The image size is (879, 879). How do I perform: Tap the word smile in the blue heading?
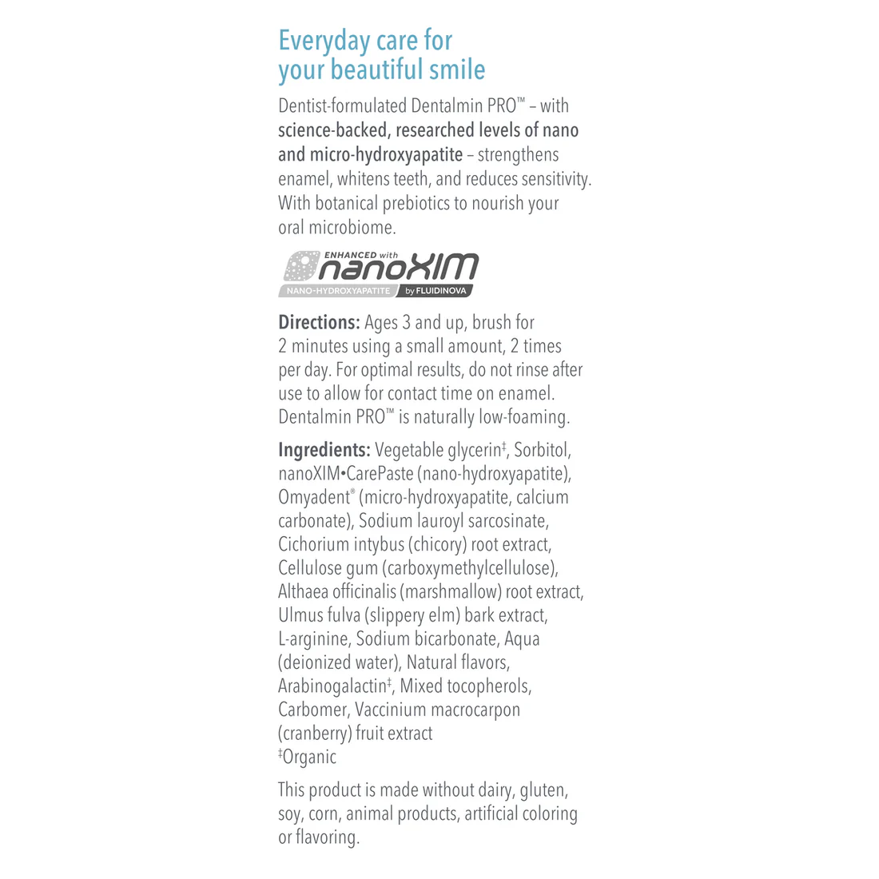(x=457, y=70)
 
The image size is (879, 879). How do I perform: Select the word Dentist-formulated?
(x=343, y=105)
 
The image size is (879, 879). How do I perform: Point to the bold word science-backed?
(x=332, y=130)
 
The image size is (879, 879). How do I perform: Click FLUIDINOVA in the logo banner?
(x=440, y=291)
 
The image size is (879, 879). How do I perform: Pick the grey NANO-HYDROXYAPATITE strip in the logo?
(x=338, y=291)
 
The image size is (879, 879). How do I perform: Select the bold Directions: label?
(x=319, y=323)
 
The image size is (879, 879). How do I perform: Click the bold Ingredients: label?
(x=324, y=450)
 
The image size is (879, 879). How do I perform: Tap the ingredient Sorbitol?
(x=543, y=450)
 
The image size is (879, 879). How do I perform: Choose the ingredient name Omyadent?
(x=314, y=497)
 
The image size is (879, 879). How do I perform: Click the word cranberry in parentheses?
(x=316, y=734)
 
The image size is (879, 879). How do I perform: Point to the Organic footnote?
(x=308, y=758)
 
